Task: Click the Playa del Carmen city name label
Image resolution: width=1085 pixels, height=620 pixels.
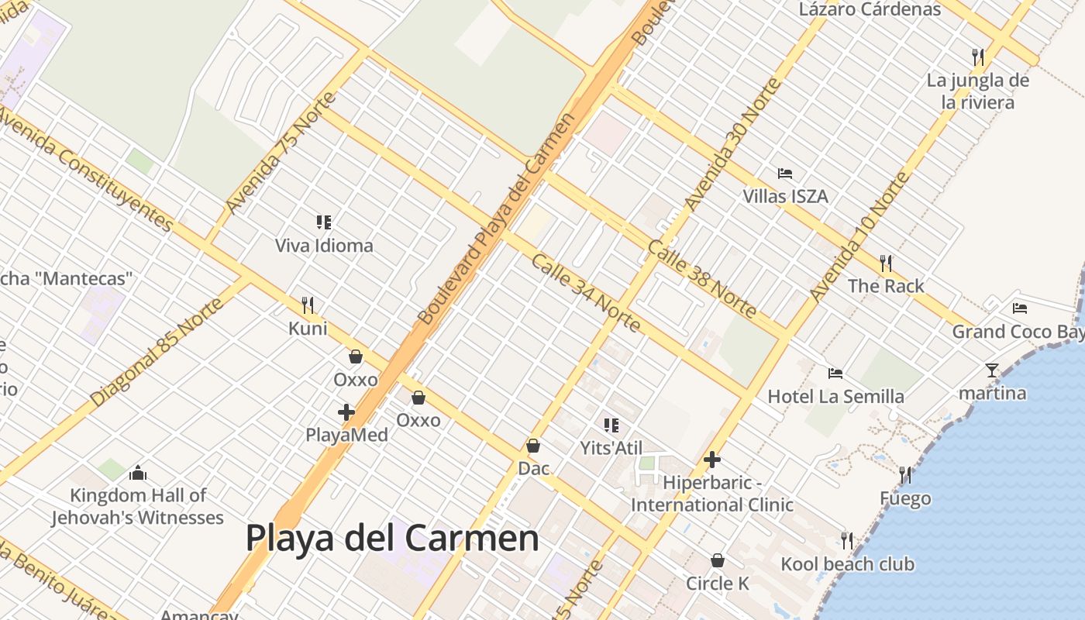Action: pyautogui.click(x=392, y=538)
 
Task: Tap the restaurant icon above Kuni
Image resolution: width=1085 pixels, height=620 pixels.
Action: pyautogui.click(x=308, y=305)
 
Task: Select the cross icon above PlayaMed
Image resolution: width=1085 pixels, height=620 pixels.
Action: pyautogui.click(x=346, y=412)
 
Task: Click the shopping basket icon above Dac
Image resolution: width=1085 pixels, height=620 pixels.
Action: pyautogui.click(x=533, y=446)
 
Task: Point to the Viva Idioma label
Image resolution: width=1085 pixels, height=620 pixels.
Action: pyautogui.click(x=324, y=246)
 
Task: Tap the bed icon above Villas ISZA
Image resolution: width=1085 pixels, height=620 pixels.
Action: pyautogui.click(x=785, y=174)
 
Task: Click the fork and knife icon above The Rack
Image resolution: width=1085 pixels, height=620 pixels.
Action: pyautogui.click(x=886, y=263)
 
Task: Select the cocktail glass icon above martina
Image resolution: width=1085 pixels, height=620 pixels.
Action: pyautogui.click(x=992, y=370)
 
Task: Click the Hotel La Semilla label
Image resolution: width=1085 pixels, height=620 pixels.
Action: pyautogui.click(x=835, y=397)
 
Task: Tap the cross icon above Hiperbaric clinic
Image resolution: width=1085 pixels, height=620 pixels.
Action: pyautogui.click(x=712, y=460)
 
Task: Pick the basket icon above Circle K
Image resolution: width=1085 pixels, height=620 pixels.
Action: pyautogui.click(x=718, y=560)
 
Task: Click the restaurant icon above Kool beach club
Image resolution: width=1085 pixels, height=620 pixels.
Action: pyautogui.click(x=847, y=540)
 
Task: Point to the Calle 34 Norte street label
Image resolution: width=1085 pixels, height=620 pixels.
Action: pyautogui.click(x=586, y=293)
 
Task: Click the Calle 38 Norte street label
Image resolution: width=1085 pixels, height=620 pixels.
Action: pyautogui.click(x=702, y=279)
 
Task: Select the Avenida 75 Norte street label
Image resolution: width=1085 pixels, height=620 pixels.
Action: pyautogui.click(x=281, y=153)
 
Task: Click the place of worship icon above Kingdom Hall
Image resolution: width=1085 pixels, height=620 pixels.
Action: pyautogui.click(x=138, y=472)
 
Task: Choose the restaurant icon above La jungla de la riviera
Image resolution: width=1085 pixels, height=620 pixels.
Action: pyautogui.click(x=978, y=57)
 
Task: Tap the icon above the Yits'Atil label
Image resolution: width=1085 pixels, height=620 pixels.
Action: pyautogui.click(x=611, y=425)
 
